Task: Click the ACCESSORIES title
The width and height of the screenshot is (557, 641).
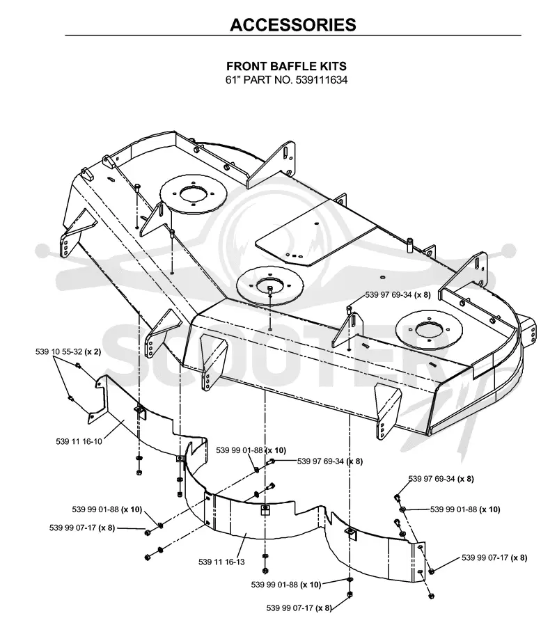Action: pyautogui.click(x=293, y=24)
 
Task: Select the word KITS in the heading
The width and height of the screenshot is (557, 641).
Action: pyautogui.click(x=333, y=66)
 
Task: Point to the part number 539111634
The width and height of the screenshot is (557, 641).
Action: pyautogui.click(x=320, y=80)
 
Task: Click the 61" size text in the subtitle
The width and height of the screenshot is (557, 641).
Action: pyautogui.click(x=233, y=80)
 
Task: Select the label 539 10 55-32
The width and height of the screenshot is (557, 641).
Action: pyautogui.click(x=59, y=351)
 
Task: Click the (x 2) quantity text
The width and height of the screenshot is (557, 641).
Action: pyautogui.click(x=93, y=351)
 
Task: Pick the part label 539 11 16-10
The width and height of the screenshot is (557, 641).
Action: pyautogui.click(x=79, y=441)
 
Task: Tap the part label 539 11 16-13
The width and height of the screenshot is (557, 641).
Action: pyautogui.click(x=221, y=562)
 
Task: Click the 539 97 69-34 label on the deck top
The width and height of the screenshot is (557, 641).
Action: pyautogui.click(x=389, y=294)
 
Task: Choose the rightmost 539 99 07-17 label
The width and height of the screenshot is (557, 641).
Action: pyautogui.click(x=485, y=557)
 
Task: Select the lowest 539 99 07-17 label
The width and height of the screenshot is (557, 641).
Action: pyautogui.click(x=290, y=608)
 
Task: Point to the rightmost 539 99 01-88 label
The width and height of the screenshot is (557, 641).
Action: pyautogui.click(x=453, y=509)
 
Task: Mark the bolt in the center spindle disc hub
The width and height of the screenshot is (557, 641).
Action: pyautogui.click(x=270, y=289)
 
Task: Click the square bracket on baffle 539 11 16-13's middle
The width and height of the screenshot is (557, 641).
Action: pyautogui.click(x=265, y=509)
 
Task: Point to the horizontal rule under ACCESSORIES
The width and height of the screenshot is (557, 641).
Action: pyautogui.click(x=293, y=35)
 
